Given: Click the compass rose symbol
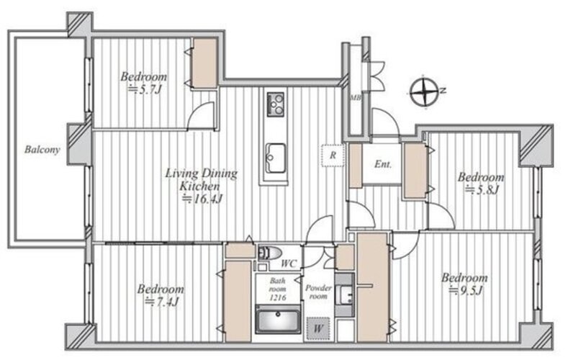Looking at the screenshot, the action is [x=425, y=92].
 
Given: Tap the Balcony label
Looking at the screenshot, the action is [x=42, y=150].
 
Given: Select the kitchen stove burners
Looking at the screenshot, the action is [x=275, y=104].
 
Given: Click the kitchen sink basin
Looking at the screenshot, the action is [x=275, y=158].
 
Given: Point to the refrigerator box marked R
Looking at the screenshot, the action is [x=333, y=156].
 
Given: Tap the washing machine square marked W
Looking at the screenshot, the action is [x=318, y=328].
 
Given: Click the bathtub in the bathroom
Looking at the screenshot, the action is [x=278, y=320].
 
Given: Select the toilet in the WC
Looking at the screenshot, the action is [x=270, y=253].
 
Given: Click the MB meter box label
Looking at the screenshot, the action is [x=356, y=97].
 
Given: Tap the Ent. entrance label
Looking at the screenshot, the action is [x=383, y=164].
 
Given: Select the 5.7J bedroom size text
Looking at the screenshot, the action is [x=145, y=89].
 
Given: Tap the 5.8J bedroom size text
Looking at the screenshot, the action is [x=482, y=189].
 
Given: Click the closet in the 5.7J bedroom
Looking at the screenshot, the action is [x=204, y=63].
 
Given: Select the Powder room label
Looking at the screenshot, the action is [x=318, y=292].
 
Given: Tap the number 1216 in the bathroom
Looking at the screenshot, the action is [x=278, y=297].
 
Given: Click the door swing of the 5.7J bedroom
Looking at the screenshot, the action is [x=202, y=114].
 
